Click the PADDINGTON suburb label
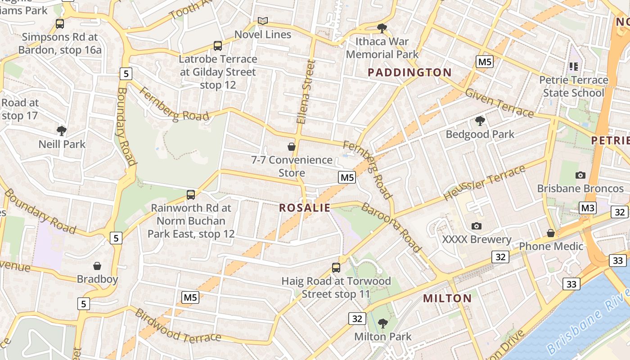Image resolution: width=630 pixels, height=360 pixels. (409, 72)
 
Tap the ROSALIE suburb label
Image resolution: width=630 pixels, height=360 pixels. (305, 208)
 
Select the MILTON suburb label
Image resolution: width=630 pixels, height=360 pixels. (447, 298)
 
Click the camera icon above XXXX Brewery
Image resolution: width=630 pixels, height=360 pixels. (476, 226)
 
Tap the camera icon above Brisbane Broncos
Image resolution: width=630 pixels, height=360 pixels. (580, 175)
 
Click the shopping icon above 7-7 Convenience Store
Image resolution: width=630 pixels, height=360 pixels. (292, 147)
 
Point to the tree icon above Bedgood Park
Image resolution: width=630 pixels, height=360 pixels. (480, 121)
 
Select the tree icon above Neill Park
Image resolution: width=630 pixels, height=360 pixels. (62, 131)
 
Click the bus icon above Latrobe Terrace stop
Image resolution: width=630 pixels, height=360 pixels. (218, 45)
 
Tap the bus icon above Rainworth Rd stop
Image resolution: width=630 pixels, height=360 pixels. (191, 195)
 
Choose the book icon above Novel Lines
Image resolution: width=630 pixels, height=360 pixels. (263, 21)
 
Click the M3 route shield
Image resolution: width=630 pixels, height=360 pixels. (588, 208)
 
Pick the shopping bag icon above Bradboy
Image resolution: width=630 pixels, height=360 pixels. (97, 266)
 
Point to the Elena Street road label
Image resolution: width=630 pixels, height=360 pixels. (305, 92)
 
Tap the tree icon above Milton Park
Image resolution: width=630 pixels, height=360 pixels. (382, 323)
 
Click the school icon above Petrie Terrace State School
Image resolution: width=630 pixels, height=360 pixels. (573, 67)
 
